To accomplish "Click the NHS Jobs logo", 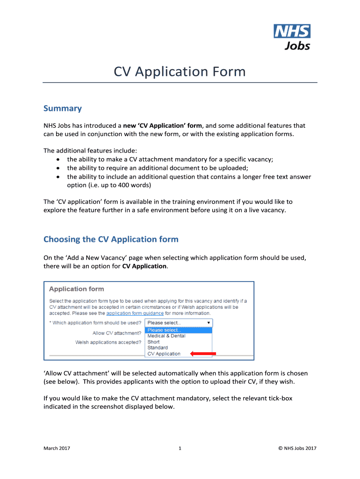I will coord(292,37).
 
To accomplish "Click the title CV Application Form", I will coord(180,72).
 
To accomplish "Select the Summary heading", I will coord(62,109).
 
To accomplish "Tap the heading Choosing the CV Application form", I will coord(111,239).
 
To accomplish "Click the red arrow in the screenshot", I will coord(203,354).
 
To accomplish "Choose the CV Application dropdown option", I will coord(164,354).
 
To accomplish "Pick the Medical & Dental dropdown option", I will coord(166,336).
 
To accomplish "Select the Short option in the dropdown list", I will coord(153,342).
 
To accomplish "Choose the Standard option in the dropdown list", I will coord(158,348).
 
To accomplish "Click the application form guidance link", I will coord(135,313).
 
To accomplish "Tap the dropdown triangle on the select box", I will coord(208,323).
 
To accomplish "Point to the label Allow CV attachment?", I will coord(116,333).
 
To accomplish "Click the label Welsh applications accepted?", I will coord(108,342).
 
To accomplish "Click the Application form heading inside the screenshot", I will coord(77,289).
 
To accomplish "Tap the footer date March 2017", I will coord(57,449).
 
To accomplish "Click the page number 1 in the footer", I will coord(180,449).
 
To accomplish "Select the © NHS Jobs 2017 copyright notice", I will coord(297,449).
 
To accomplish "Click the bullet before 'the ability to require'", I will coord(58,168).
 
